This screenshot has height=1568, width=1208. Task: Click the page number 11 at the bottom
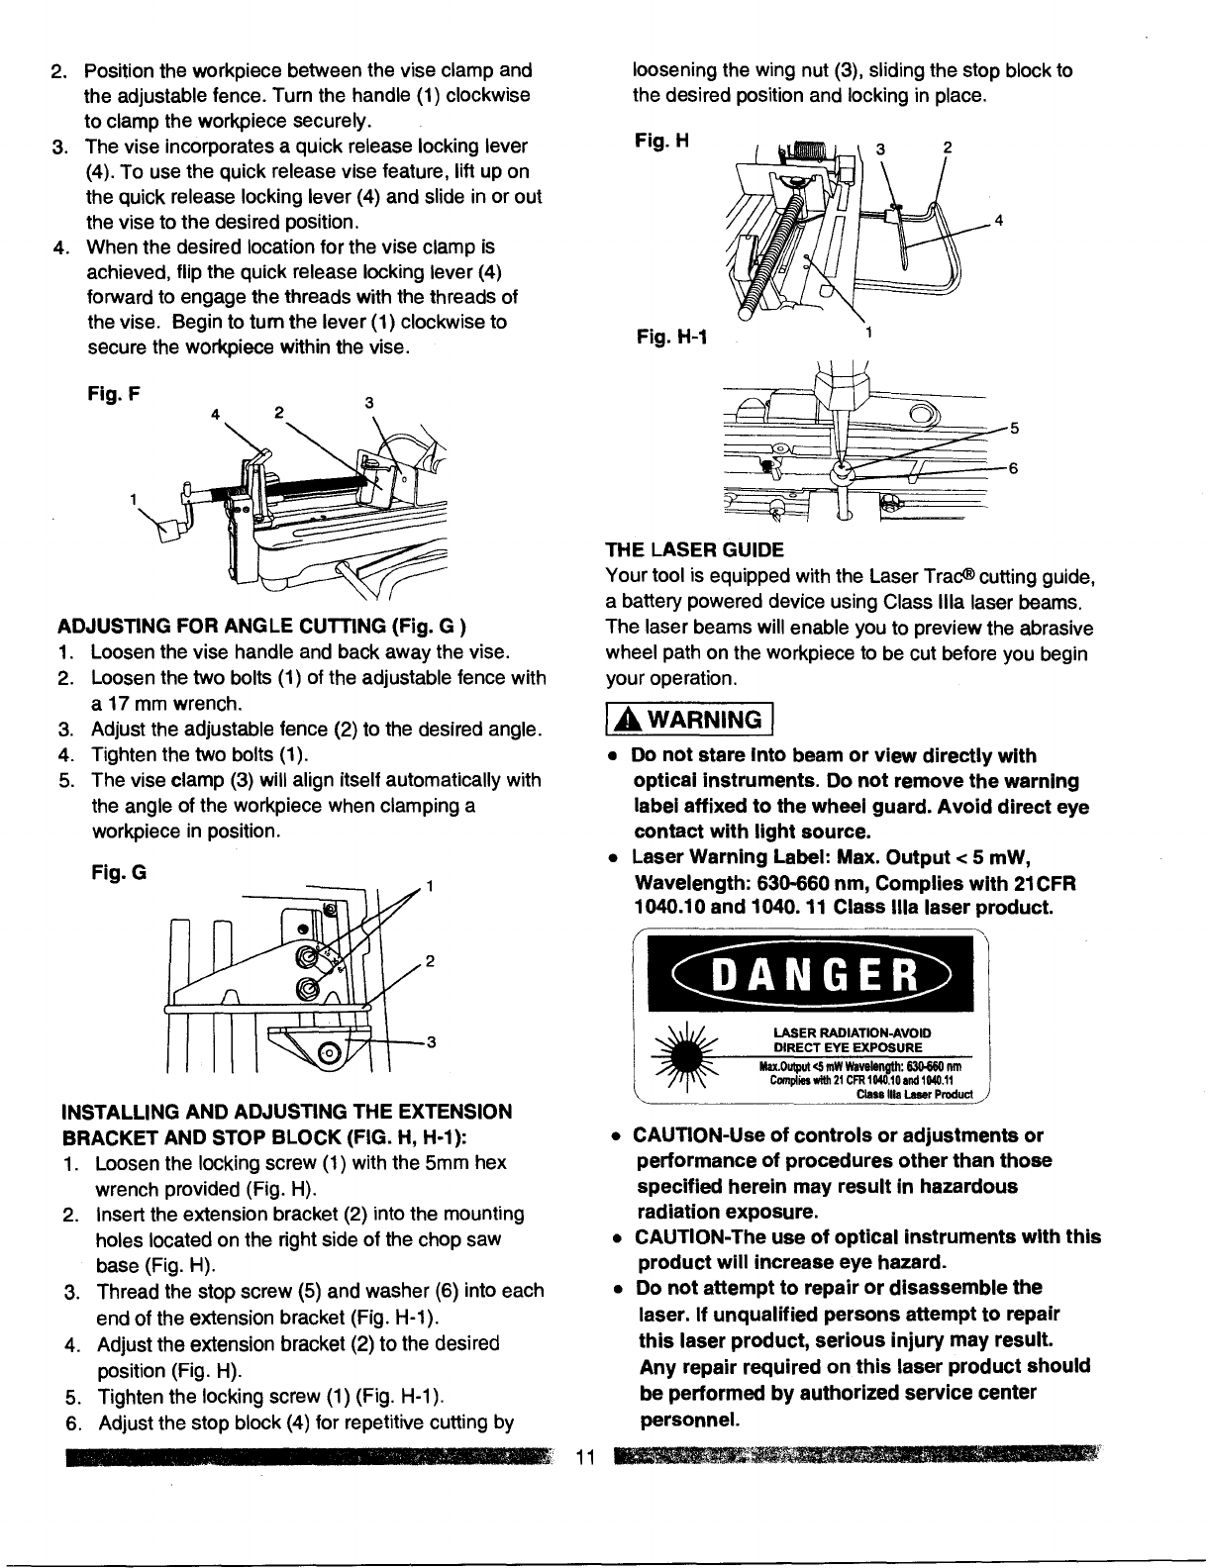(583, 1457)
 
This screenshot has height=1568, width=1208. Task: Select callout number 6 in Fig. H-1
(1013, 469)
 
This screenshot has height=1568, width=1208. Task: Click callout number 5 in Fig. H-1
(1013, 428)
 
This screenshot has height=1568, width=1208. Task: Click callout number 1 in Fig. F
(134, 499)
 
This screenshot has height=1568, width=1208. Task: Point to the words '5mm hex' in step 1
(465, 1162)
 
